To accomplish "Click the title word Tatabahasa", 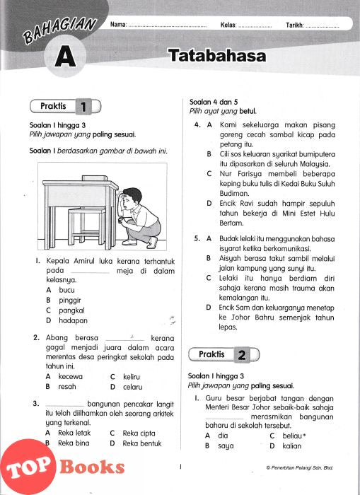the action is [x=217, y=56].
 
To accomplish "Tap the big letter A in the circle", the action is [x=65, y=57].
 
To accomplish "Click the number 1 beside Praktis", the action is [x=83, y=107].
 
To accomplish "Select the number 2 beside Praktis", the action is [x=242, y=355].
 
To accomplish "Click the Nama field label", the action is [x=118, y=25].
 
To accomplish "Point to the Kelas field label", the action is [x=228, y=25].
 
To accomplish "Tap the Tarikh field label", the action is [x=295, y=25].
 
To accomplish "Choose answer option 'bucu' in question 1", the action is [x=66, y=290].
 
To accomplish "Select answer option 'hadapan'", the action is [x=73, y=320].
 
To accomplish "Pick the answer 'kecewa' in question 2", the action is [x=71, y=376].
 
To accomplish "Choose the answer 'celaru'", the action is [x=133, y=387].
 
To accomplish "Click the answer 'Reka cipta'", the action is [x=139, y=433].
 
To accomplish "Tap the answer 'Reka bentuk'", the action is [x=142, y=443].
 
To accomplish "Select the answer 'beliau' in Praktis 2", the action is [x=292, y=436].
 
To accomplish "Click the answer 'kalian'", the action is [x=292, y=445].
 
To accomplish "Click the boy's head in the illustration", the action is [x=132, y=198].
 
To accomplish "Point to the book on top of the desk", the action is [x=95, y=178].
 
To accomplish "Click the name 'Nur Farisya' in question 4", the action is [x=242, y=174].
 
